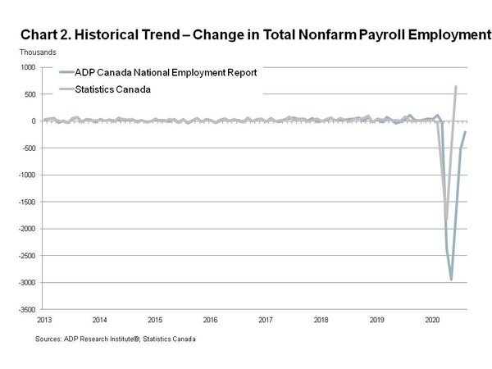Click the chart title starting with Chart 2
tap(256, 34)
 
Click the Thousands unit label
tap(38, 52)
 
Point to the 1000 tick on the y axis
tap(28, 67)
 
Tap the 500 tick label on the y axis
tap(30, 94)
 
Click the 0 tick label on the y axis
tap(34, 121)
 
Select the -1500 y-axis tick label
tap(27, 202)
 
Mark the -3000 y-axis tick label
tap(27, 283)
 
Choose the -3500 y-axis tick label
tap(27, 310)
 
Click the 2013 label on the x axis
tap(44, 320)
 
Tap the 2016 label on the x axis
tap(210, 320)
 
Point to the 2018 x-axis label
tap(321, 320)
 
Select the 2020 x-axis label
tap(432, 320)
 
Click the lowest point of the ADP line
tap(451, 280)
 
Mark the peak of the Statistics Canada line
tap(456, 86)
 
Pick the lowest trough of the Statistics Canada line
tap(447, 219)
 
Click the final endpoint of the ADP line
tap(465, 132)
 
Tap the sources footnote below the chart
tap(116, 339)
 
